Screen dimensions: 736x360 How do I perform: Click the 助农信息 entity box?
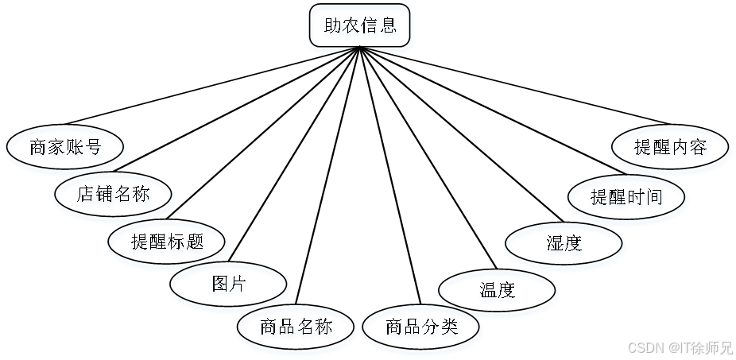pos(360,29)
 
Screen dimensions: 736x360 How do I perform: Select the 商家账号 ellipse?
pos(66,149)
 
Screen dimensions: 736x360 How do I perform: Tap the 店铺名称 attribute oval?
pos(114,195)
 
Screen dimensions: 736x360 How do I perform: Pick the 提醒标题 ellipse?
pos(168,243)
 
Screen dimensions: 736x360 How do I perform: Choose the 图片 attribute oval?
pos(229,286)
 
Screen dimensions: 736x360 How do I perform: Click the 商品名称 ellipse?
pos(296,328)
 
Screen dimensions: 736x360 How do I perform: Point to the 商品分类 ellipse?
pos(422,328)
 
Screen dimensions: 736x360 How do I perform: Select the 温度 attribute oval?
pos(498,292)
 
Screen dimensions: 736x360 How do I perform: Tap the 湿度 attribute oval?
pos(564,246)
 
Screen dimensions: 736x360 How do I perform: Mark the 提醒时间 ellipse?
pos(627,199)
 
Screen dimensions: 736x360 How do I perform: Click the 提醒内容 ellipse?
pos(672,149)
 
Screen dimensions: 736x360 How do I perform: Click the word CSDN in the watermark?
pos(645,347)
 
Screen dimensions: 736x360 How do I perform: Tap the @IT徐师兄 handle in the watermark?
pos(699,347)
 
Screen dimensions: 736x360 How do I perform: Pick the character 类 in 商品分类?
pos(450,328)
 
